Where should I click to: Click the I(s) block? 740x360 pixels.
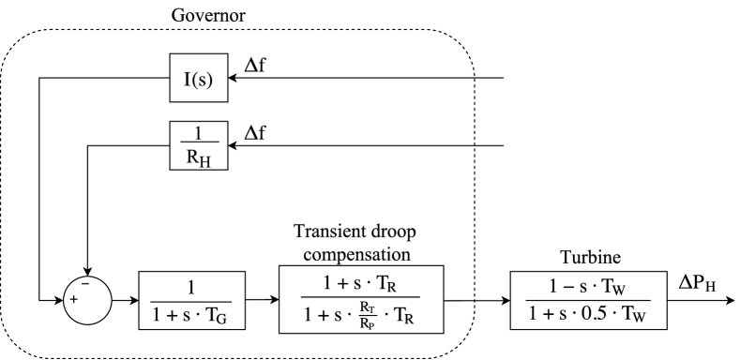click(x=198, y=78)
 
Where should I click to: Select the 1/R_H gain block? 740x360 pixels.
click(x=198, y=145)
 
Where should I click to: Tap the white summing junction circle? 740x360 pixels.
click(x=87, y=300)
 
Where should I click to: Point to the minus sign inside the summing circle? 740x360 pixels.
click(x=85, y=283)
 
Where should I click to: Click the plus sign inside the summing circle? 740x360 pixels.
click(x=73, y=300)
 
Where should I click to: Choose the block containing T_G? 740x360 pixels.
click(x=191, y=300)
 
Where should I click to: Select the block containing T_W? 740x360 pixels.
click(x=588, y=300)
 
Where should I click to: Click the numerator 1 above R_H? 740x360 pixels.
click(x=198, y=133)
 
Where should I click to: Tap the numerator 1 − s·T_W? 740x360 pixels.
click(x=588, y=287)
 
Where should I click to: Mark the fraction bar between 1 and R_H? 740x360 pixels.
click(x=198, y=144)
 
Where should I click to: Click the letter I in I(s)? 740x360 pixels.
click(x=188, y=78)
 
